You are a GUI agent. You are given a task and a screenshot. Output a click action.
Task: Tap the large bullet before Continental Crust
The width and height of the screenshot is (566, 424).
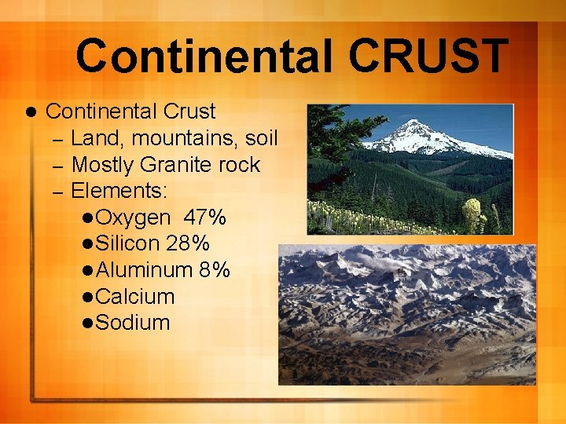pyautogui.click(x=31, y=111)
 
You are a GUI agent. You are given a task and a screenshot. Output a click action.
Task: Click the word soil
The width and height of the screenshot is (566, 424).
pyautogui.click(x=262, y=139)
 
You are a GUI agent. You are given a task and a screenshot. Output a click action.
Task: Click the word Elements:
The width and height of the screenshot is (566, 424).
pyautogui.click(x=119, y=191)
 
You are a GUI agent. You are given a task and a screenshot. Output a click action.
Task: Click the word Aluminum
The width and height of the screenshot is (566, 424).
pyautogui.click(x=144, y=270)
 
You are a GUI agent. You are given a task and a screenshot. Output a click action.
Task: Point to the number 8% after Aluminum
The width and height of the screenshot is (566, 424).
pyautogui.click(x=215, y=270)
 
